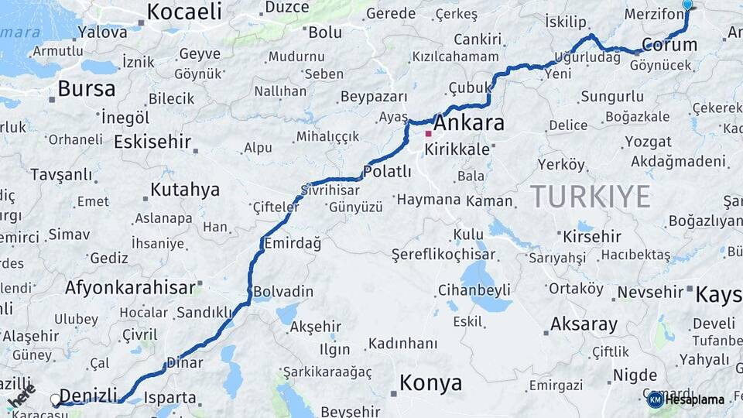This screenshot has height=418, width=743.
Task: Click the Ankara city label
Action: pos(469,123)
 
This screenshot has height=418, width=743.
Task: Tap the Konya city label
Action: pos(430,382)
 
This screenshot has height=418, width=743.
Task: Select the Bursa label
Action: pos(86,89)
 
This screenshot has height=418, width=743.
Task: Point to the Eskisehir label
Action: pos(152,142)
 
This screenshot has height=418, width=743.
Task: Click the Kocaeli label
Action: pos(184,12)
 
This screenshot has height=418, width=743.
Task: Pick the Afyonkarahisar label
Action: pos(130,288)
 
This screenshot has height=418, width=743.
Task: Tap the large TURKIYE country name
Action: pos(591,197)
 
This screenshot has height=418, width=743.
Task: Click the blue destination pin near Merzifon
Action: pos(687,5)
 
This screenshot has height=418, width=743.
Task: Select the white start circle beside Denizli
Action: pos(56,400)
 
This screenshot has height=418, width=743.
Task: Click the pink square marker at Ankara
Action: pos(428,133)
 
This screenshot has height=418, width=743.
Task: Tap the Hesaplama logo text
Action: pos(695,399)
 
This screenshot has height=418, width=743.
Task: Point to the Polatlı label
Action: pos(387,172)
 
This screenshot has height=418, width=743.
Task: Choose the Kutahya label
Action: pos(185,190)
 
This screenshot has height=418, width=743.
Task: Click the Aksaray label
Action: pos(584,324)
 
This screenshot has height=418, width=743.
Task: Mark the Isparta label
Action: pos(169,398)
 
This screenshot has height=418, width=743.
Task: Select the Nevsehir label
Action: pos(649,292)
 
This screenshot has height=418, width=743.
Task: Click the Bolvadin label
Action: pos(283,292)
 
